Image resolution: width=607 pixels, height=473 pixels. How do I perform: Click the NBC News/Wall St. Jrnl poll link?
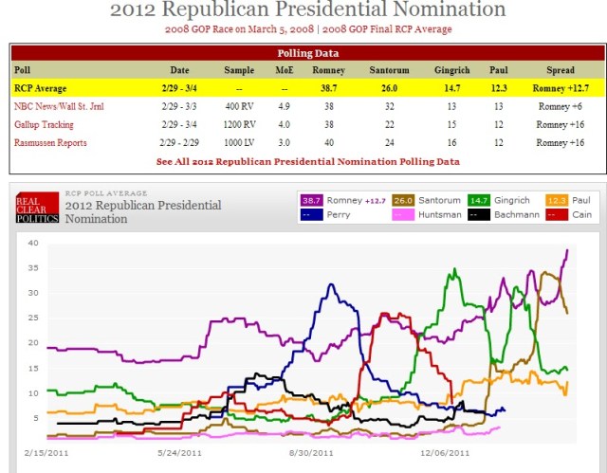tap(58, 106)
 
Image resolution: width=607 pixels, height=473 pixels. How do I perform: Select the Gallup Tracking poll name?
tap(45, 124)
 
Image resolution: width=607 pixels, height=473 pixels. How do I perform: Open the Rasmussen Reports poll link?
tap(50, 143)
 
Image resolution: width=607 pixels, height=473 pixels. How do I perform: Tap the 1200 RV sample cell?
tap(239, 124)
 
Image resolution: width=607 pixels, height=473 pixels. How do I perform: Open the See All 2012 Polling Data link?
tap(308, 162)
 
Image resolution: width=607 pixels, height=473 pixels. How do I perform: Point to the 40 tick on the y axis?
tap(31, 243)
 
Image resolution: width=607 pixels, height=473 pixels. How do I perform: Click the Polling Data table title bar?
tap(307, 53)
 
